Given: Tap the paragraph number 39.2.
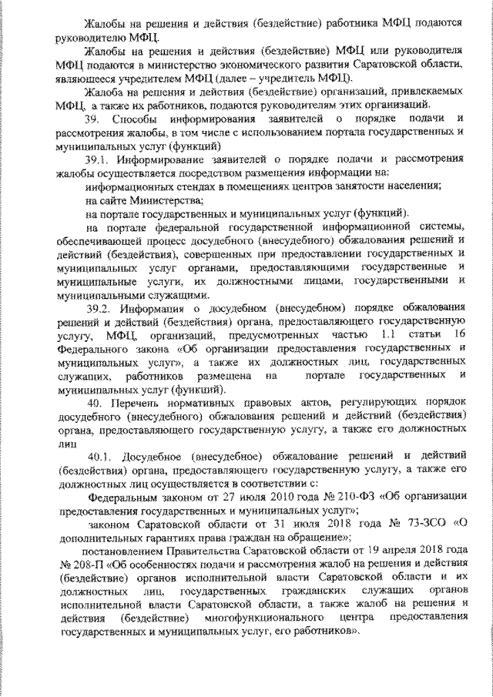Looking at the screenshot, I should pyautogui.click(x=100, y=309).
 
